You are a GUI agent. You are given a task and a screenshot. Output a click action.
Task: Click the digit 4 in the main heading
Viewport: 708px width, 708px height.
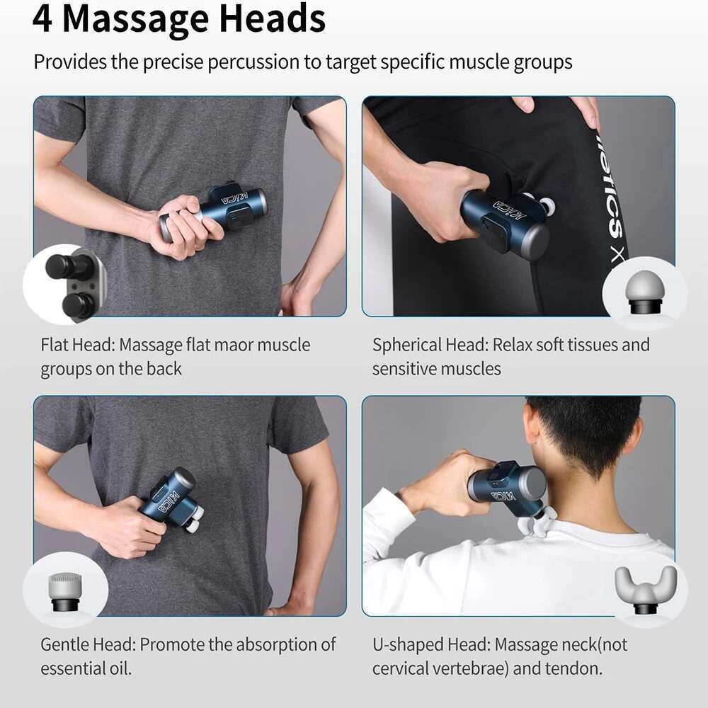(x=42, y=19)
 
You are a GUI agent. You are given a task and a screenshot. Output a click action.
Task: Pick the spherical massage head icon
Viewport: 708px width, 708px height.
(x=644, y=292)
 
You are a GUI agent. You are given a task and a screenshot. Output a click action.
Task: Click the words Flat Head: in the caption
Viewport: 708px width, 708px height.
(x=77, y=346)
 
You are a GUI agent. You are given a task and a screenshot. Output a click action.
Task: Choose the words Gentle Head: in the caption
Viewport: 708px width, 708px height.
(x=88, y=645)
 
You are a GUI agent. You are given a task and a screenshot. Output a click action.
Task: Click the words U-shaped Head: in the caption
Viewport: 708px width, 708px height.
(x=431, y=645)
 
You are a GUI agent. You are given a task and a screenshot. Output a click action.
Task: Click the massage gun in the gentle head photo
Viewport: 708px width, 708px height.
(x=171, y=500)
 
